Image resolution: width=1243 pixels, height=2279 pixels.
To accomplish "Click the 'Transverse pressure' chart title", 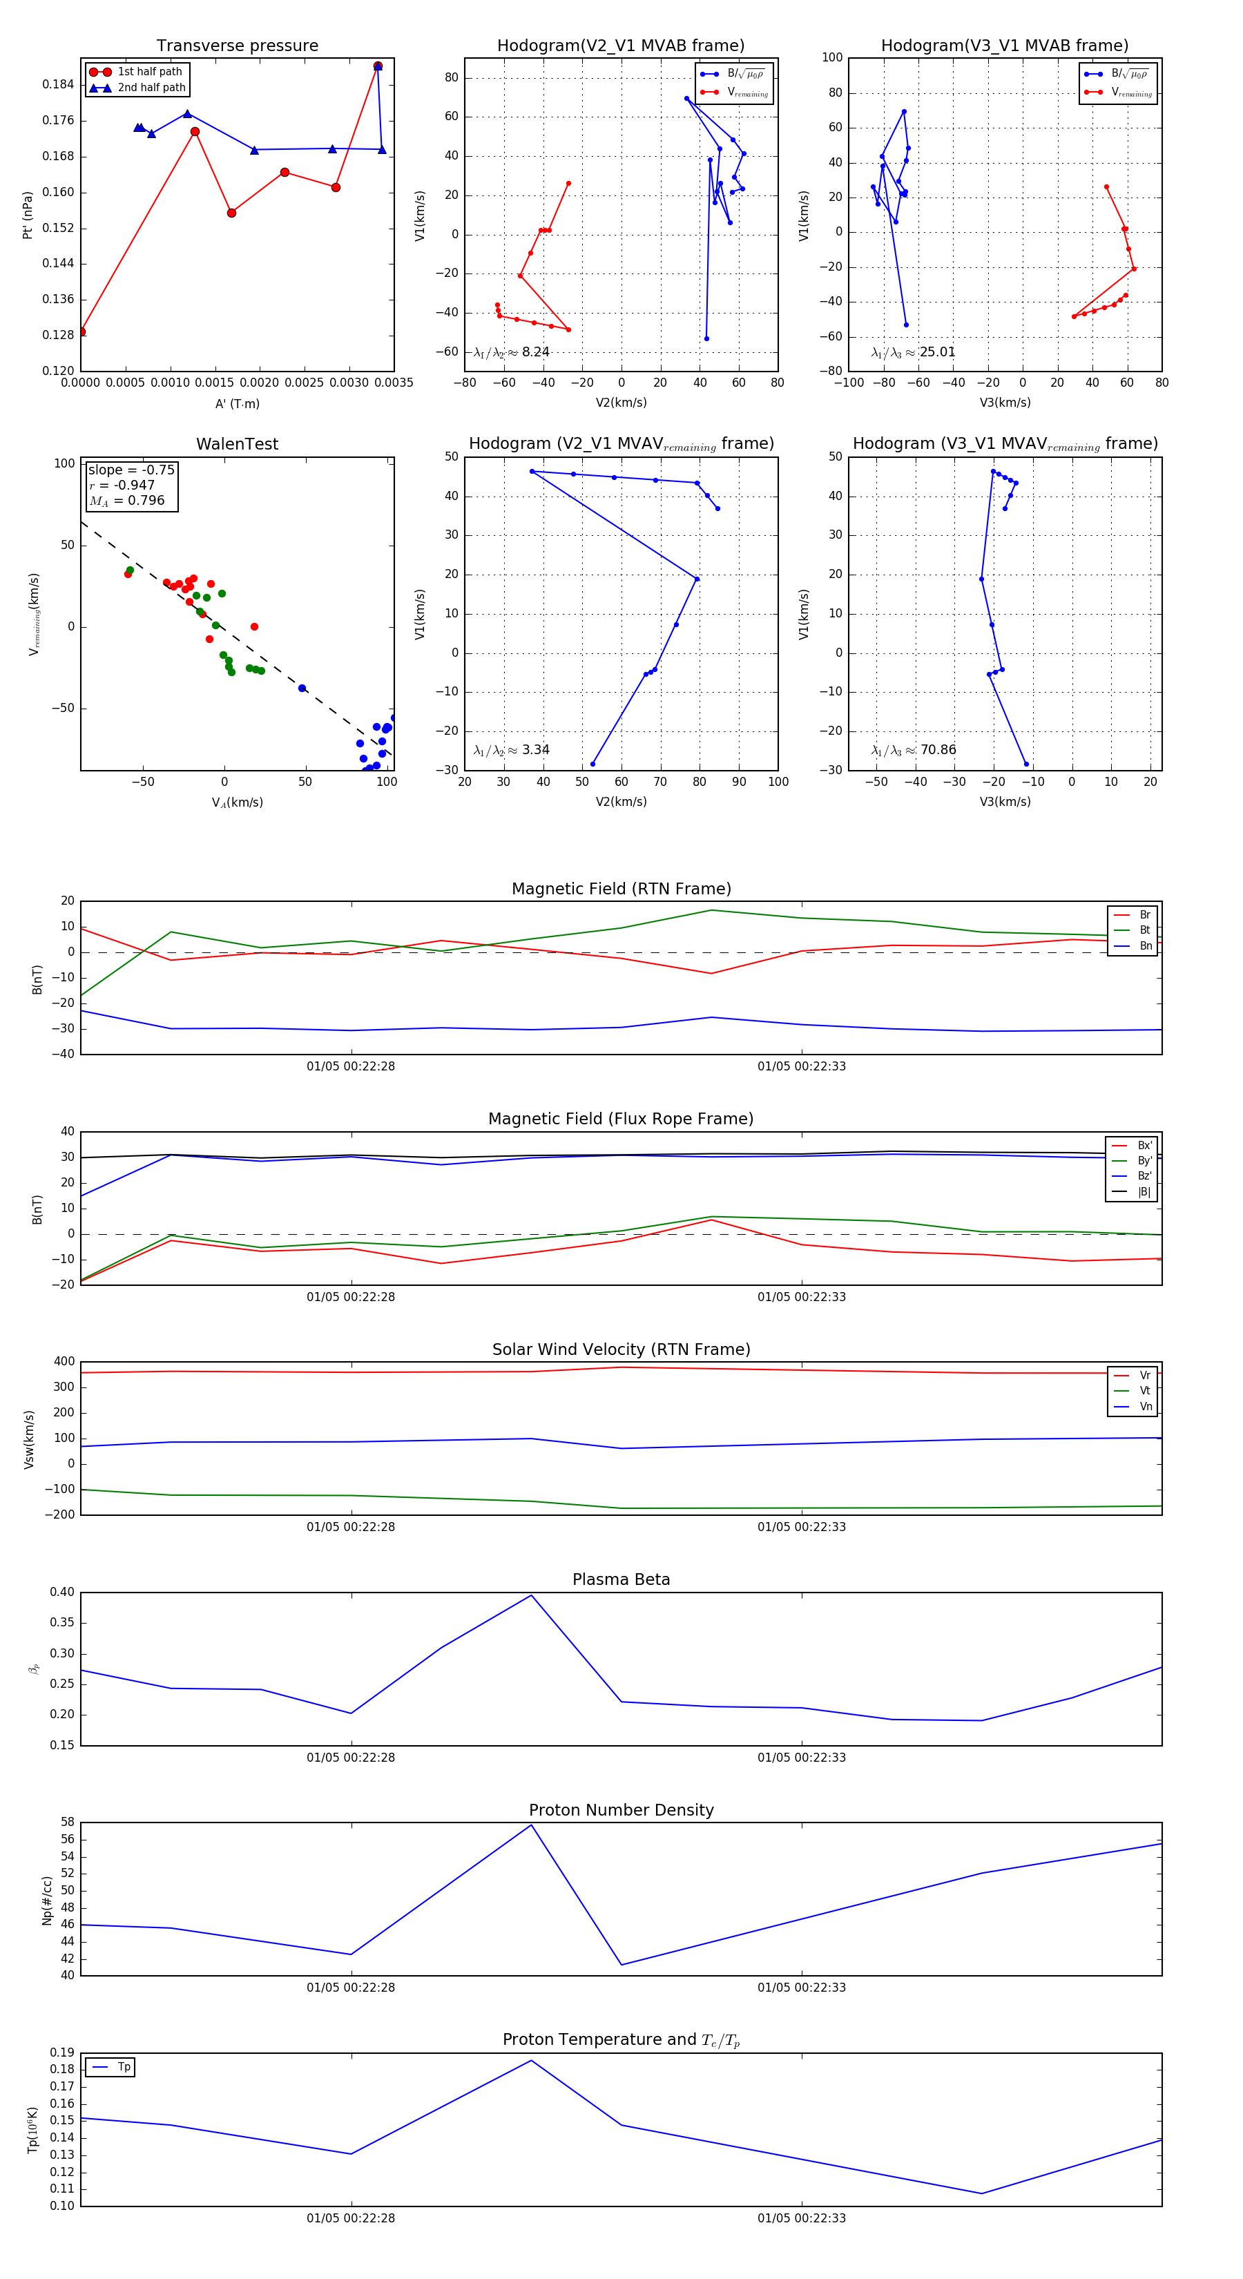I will click(237, 46).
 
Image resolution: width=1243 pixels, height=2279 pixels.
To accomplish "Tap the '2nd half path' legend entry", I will click(151, 88).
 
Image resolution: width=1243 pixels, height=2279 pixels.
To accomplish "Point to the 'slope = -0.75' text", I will click(131, 470).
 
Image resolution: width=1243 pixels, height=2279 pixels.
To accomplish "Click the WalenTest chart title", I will click(237, 444).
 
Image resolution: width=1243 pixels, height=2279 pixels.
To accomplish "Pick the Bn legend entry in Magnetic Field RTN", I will click(1145, 945).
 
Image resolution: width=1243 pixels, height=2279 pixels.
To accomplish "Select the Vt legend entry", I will click(1145, 1391).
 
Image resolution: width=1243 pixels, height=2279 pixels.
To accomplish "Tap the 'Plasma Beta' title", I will click(621, 1579).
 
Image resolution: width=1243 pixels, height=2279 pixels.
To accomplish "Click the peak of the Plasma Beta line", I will click(531, 1595).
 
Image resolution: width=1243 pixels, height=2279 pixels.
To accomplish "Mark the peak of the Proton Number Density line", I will click(531, 1825).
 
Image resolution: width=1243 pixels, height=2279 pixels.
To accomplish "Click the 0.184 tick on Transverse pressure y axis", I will click(59, 85).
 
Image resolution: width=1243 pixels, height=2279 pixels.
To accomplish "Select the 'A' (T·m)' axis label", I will click(237, 404).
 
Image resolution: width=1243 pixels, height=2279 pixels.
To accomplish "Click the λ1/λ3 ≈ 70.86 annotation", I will click(914, 750).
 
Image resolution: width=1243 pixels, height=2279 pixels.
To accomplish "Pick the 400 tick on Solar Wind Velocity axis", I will click(64, 1362).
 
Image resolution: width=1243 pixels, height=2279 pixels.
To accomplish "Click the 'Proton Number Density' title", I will click(621, 1810).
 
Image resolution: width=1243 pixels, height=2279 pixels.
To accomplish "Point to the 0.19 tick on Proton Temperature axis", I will click(62, 2052).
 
